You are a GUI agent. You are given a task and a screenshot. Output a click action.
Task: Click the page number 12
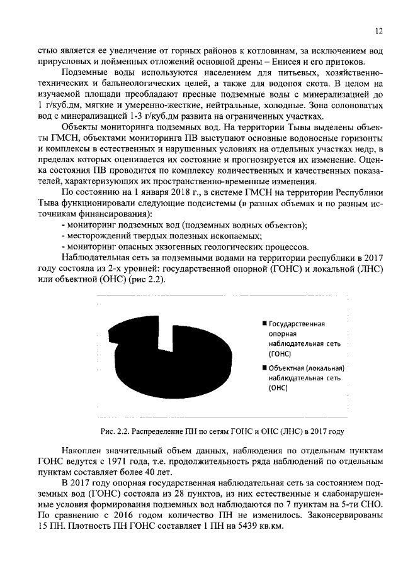click(x=378, y=30)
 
